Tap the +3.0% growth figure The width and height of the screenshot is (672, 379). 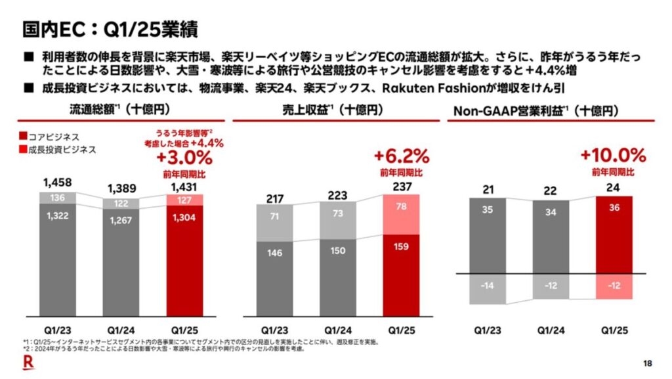184,158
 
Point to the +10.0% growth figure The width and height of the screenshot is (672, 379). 613,156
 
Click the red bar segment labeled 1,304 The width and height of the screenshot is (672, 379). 184,260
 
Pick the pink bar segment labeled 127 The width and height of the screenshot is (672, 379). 184,200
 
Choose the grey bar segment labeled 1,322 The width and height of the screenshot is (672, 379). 58,259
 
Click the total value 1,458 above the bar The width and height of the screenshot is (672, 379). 58,182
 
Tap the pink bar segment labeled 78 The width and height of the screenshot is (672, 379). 401,215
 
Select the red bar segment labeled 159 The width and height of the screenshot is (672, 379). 401,276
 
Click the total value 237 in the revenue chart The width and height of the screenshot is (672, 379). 401,186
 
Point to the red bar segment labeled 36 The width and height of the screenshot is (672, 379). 613,234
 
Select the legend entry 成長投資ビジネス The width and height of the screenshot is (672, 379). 58,149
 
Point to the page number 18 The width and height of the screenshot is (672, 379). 648,364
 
